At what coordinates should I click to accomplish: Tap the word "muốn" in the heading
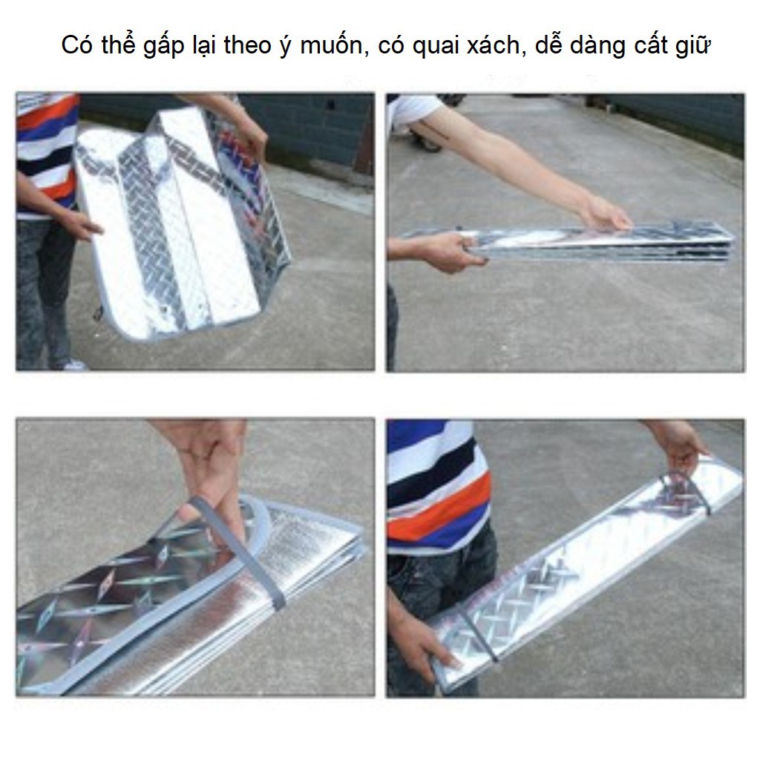[332, 45]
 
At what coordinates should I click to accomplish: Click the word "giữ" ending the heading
[692, 46]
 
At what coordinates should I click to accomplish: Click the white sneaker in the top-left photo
[73, 364]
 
